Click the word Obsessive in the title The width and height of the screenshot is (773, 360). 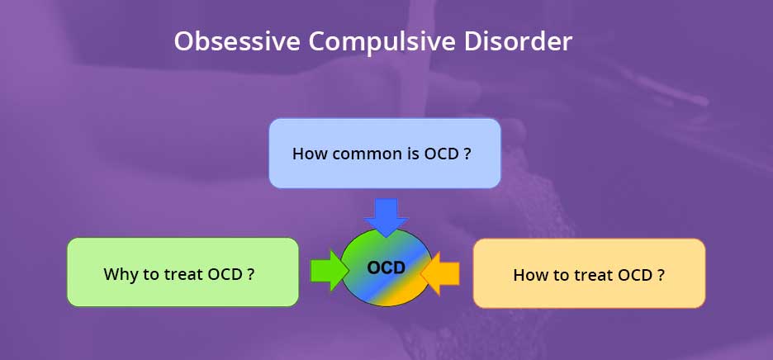click(237, 41)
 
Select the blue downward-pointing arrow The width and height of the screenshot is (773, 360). click(386, 217)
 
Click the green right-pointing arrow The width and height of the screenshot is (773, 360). click(330, 270)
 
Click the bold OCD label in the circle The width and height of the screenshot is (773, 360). click(386, 268)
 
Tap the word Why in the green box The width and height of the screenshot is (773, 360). click(121, 275)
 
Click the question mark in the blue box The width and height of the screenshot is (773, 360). click(467, 154)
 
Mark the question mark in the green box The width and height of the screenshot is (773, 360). click(251, 273)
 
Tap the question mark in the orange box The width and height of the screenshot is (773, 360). click(661, 275)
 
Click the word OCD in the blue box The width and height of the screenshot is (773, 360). click(441, 154)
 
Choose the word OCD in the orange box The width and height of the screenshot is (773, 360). click(636, 275)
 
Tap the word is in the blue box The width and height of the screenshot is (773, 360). click(413, 154)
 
